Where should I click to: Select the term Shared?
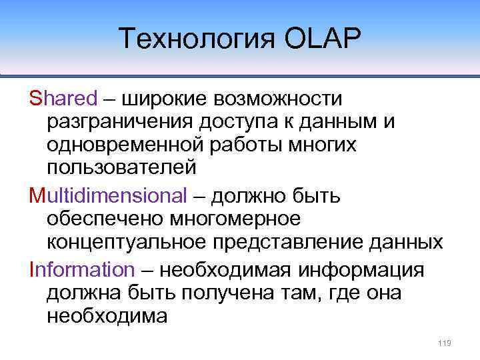tap(63, 99)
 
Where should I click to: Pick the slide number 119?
tap(445, 343)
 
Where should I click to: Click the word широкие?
tap(164, 99)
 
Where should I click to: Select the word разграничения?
tap(115, 123)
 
